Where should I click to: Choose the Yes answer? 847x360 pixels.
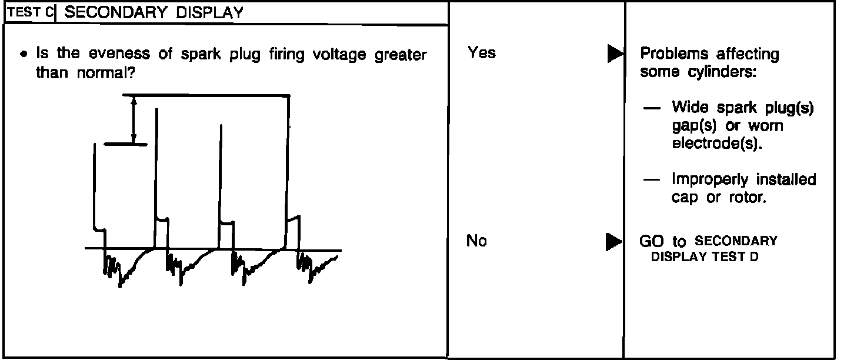tap(482, 53)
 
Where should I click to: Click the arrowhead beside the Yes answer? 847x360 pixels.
tap(615, 55)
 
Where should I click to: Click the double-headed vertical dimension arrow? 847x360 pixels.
tap(134, 121)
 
